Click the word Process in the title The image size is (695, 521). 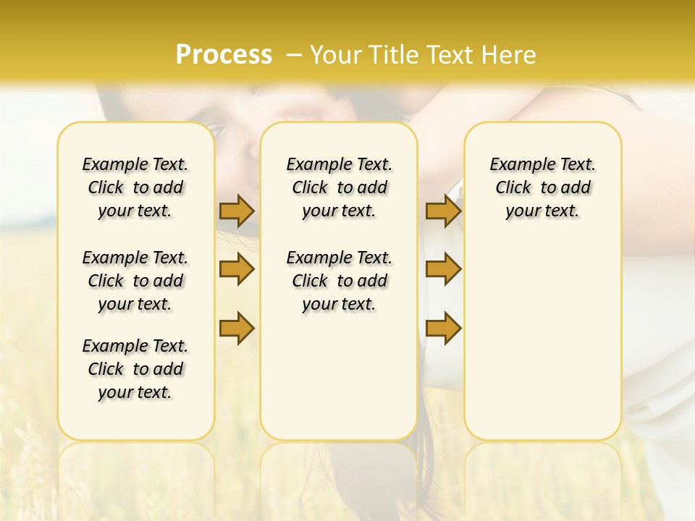(x=224, y=54)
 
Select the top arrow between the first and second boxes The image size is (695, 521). (x=237, y=211)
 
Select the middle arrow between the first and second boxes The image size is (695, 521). (x=237, y=269)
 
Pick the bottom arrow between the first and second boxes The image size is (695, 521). (x=237, y=328)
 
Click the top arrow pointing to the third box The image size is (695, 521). (x=443, y=211)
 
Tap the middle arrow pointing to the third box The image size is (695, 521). (x=443, y=269)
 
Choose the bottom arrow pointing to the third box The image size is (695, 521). (x=443, y=328)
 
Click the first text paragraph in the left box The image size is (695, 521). (x=135, y=187)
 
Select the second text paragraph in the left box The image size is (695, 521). (x=135, y=281)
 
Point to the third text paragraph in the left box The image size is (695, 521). (x=135, y=369)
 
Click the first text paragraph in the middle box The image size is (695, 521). (x=339, y=187)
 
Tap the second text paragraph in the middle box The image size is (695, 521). (x=339, y=281)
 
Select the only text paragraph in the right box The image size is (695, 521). (x=542, y=187)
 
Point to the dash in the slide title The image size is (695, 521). (x=294, y=54)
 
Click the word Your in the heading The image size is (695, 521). (x=336, y=54)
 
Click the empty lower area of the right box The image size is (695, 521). (x=542, y=347)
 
